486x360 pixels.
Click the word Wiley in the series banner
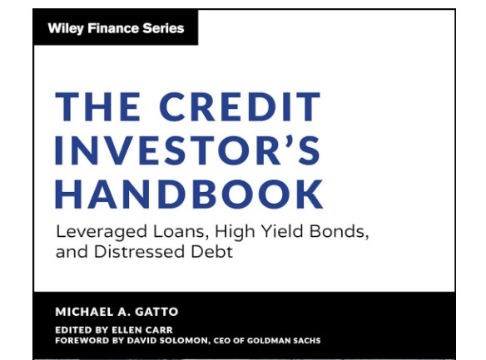[66, 29]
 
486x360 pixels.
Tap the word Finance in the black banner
[113, 28]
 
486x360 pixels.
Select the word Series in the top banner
[163, 28]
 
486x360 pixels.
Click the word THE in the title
[97, 106]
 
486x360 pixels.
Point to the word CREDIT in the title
[240, 106]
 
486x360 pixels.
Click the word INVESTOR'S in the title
[188, 150]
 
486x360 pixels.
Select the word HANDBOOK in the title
[190, 194]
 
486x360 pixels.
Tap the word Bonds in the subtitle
[339, 231]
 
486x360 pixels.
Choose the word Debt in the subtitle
[211, 251]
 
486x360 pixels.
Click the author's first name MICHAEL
[82, 312]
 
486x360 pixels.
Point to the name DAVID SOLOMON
[167, 341]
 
